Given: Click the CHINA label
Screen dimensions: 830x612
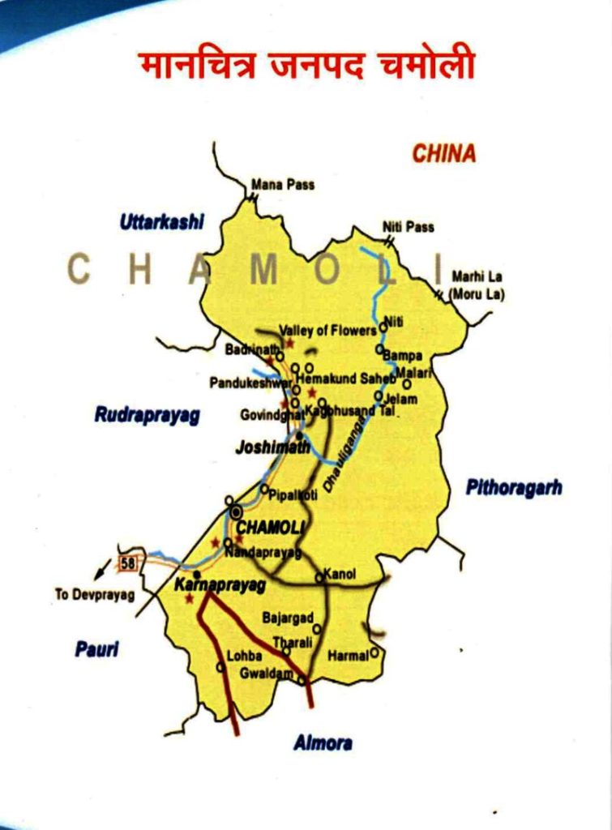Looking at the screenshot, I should pos(443,152).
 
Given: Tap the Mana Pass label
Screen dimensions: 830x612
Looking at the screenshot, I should pos(283,185).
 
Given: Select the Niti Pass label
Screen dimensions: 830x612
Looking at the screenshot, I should pos(409,227).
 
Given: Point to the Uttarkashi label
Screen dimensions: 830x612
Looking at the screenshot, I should pos(162,221).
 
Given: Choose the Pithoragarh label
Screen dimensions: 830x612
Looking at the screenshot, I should pos(514,487).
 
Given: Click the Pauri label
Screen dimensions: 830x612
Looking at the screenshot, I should pos(96,648).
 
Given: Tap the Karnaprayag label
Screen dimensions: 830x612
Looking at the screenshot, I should pos(220,584).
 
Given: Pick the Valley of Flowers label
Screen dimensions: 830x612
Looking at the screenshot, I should pos(327,330).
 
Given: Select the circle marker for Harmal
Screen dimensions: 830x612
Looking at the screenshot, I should pos(374,651).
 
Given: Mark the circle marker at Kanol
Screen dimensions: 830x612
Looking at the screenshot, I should pos(319,578).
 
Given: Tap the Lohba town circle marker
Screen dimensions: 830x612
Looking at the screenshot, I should pos(220,667).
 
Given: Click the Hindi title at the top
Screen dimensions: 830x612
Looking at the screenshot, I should pos(306,66).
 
